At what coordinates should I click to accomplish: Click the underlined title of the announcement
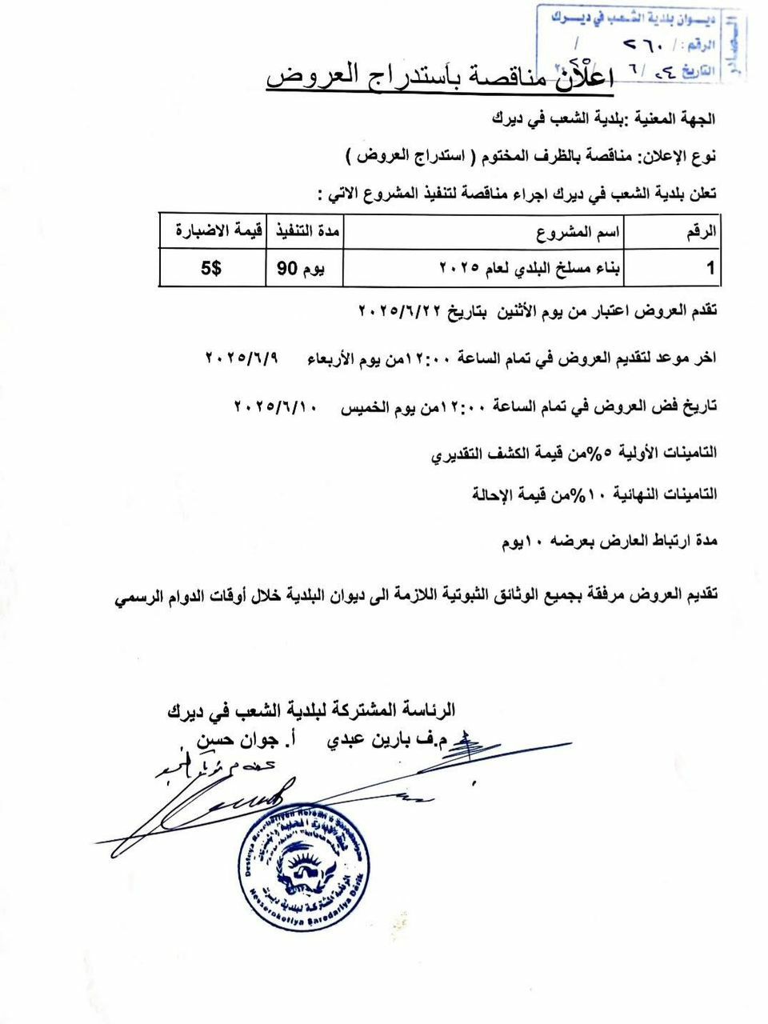click(x=438, y=78)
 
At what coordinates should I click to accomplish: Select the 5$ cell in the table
click(x=212, y=269)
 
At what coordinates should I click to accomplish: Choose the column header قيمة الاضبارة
click(x=211, y=232)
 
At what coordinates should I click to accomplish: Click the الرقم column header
click(x=701, y=233)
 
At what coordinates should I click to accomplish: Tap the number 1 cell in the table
click(x=710, y=269)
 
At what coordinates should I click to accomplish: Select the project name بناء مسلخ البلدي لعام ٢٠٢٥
click(x=530, y=268)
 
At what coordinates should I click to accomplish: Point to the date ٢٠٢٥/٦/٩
click(x=241, y=358)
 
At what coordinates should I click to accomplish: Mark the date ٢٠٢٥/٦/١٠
click(x=276, y=406)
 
